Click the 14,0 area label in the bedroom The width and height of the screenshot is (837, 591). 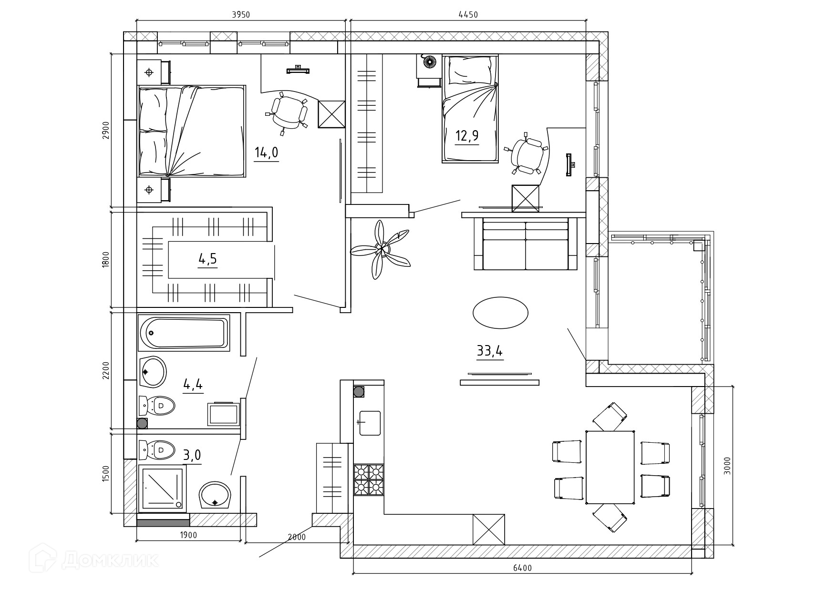[x=266, y=153]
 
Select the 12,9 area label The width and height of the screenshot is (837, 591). [x=467, y=136]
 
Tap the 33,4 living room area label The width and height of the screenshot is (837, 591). [x=490, y=351]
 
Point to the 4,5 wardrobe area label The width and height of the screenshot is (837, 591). [x=207, y=259]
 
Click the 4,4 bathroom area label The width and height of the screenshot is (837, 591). [x=193, y=384]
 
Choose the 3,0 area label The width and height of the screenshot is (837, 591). [x=192, y=456]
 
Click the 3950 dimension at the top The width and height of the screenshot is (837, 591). [x=241, y=15]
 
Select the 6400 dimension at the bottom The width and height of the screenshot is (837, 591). [x=523, y=568]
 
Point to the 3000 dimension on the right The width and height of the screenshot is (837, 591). [x=727, y=466]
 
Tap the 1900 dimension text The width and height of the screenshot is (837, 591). [x=188, y=535]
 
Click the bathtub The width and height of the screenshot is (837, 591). [x=184, y=332]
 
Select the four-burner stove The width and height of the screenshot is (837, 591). [x=369, y=480]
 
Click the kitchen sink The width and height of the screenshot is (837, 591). [x=370, y=423]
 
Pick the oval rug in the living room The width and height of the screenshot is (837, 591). [x=500, y=313]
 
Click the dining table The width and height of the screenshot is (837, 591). [x=610, y=467]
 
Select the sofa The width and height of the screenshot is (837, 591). [x=526, y=244]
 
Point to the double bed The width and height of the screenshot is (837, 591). [x=192, y=131]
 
